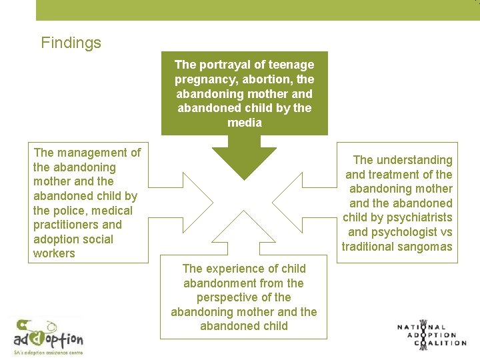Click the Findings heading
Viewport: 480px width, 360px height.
pos(71,43)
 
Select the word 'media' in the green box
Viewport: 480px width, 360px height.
pos(244,123)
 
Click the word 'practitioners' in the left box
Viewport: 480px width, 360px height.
pos(66,225)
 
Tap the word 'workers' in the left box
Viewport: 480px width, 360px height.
pos(54,253)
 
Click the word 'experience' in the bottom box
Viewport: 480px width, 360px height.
pos(233,269)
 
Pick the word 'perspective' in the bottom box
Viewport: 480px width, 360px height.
pos(227,297)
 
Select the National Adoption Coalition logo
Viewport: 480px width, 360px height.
pos(431,335)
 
